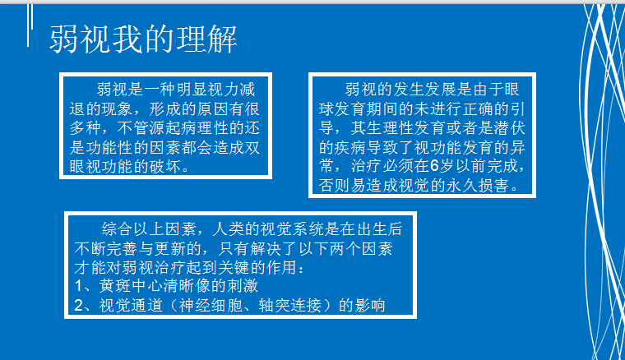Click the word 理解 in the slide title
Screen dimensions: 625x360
207,39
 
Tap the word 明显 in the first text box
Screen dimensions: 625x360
192,90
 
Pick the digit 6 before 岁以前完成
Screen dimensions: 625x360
434,166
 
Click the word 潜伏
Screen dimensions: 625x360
510,128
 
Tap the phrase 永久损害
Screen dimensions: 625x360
477,186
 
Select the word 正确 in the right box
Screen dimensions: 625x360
478,109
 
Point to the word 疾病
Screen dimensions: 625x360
350,148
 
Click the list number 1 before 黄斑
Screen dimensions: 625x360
79,286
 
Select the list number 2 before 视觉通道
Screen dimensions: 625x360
79,306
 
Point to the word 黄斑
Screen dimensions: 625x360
115,286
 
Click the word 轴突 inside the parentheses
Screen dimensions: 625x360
274,306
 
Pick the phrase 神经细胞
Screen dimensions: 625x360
210,306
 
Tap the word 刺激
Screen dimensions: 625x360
243,286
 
